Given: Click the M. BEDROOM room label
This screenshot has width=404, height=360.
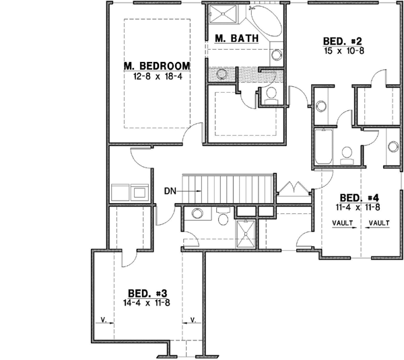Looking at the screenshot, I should [156, 66].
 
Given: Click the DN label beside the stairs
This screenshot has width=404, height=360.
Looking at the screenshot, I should [170, 190].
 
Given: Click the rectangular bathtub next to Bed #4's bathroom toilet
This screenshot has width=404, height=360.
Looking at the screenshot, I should [323, 148].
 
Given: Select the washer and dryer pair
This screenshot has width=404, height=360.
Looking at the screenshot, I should [132, 193].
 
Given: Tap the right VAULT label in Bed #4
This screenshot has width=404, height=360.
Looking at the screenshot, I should [379, 223].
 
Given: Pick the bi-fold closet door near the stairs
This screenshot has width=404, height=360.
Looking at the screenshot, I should [292, 187].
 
